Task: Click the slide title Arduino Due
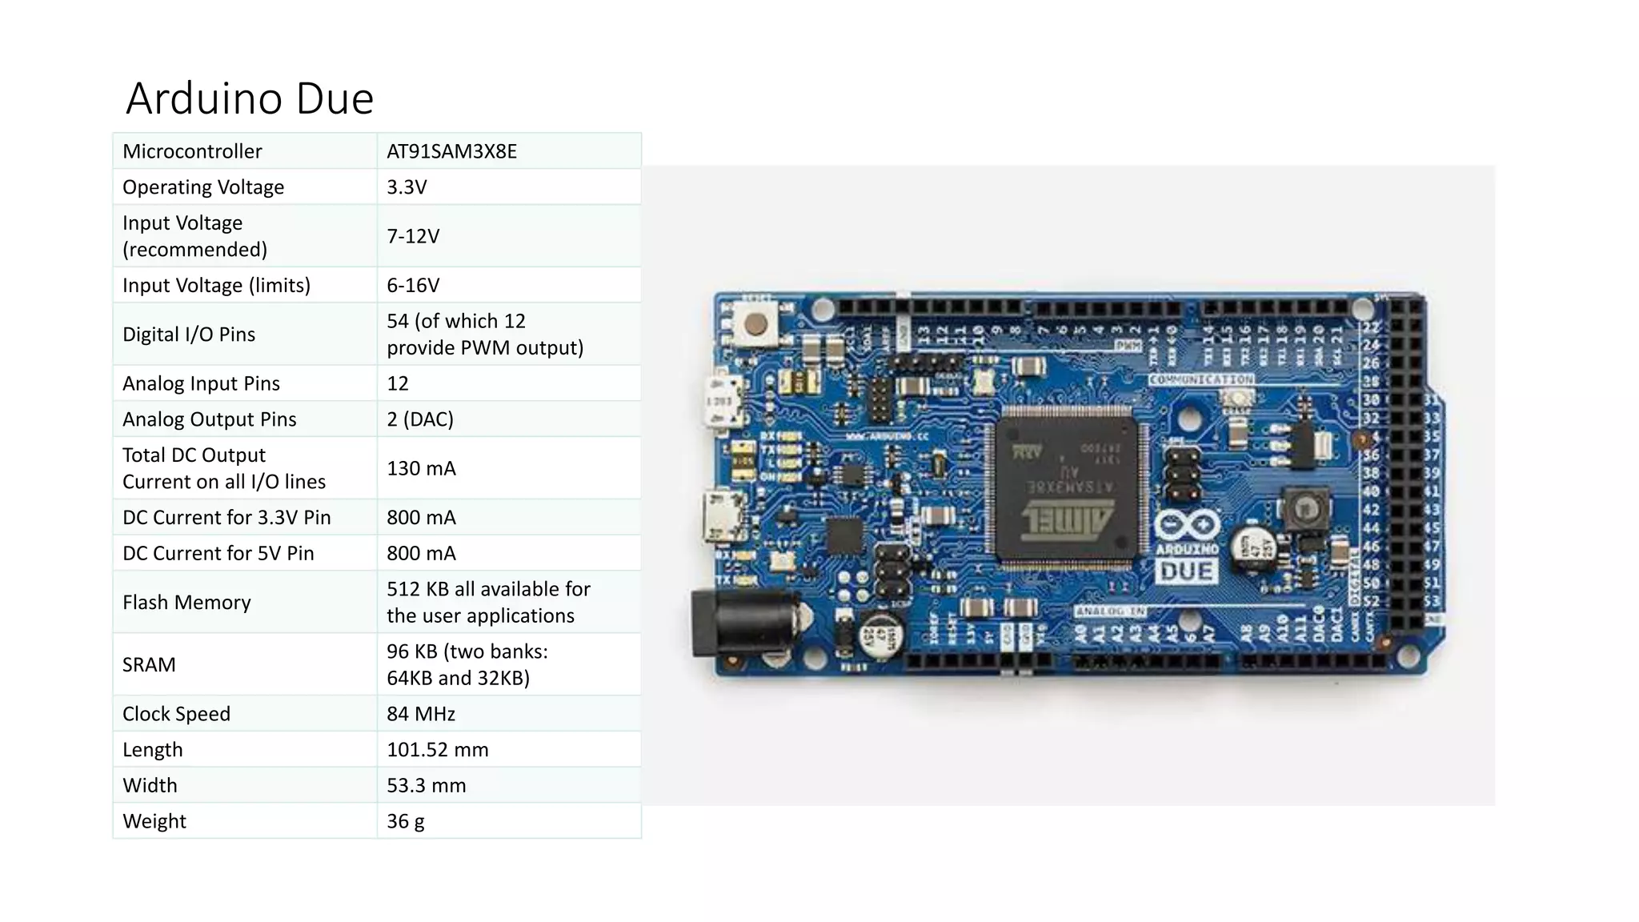[x=250, y=98]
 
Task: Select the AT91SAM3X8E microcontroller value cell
[x=451, y=151]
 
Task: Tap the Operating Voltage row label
[x=203, y=187]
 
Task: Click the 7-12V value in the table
[x=413, y=236]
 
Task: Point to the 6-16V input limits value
[x=413, y=286]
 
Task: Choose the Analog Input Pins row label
[x=201, y=383]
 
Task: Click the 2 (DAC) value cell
[x=420, y=419]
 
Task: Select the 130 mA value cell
[x=421, y=468]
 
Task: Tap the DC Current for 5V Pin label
[x=218, y=553]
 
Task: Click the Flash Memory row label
[x=186, y=602]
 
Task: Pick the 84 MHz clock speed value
[x=421, y=714]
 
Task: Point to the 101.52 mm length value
[x=437, y=750]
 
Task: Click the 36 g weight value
[x=406, y=821]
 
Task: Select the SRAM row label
[x=149, y=664]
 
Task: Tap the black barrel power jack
[x=740, y=623]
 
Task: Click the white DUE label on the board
[x=1187, y=571]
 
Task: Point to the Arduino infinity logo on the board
[x=1187, y=527]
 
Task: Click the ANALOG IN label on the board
[x=1110, y=611]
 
